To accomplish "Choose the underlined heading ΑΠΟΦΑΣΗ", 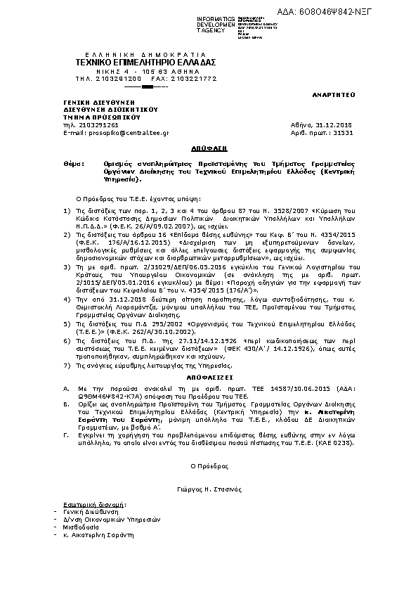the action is click(x=209, y=150).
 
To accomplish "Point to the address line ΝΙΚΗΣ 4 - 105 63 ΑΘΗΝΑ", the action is click(x=145, y=71).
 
